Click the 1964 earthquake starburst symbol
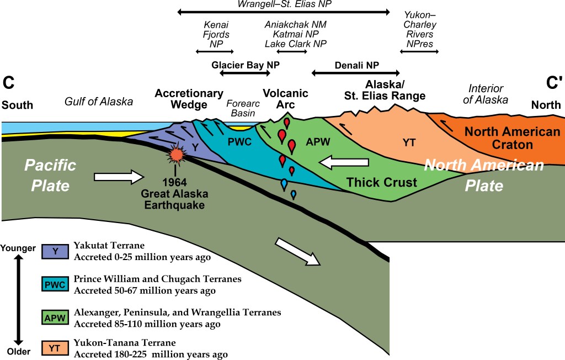[x=177, y=155]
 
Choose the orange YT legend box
[x=56, y=348]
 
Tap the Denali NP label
[x=356, y=65]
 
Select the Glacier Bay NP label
[x=246, y=65]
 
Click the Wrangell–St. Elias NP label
[x=285, y=4]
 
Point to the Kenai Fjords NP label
[x=216, y=34]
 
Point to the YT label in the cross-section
[x=409, y=142]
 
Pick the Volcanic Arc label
[x=285, y=98]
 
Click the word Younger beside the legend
[x=20, y=248]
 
